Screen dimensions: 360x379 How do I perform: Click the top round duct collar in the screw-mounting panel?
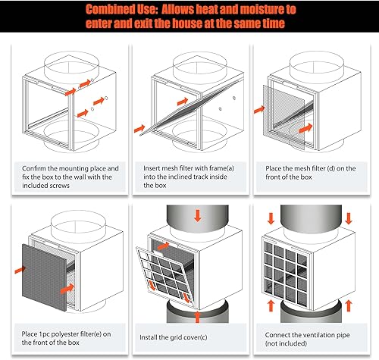64,65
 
